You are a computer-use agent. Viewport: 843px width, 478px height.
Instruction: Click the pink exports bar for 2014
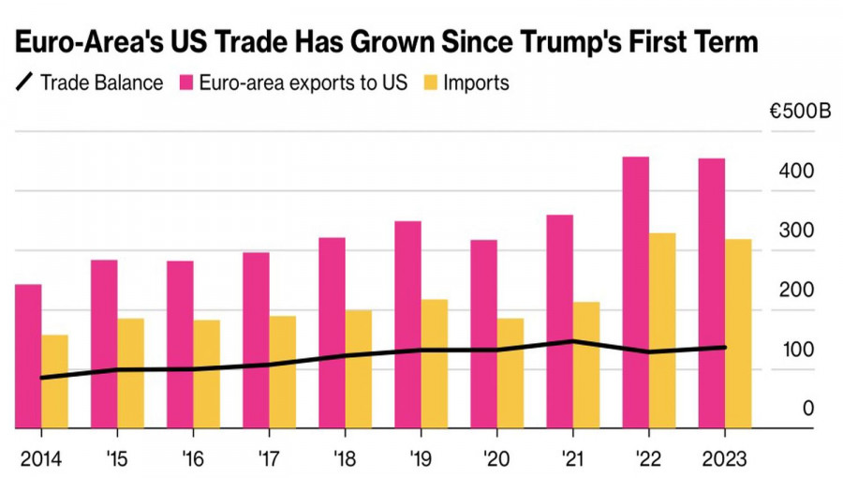pyautogui.click(x=28, y=356)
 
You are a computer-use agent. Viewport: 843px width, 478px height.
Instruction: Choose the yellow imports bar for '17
pyautogui.click(x=283, y=372)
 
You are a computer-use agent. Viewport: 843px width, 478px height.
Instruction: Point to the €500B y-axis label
pyautogui.click(x=800, y=112)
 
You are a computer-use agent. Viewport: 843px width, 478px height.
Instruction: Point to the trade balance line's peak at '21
pyautogui.click(x=572, y=341)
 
